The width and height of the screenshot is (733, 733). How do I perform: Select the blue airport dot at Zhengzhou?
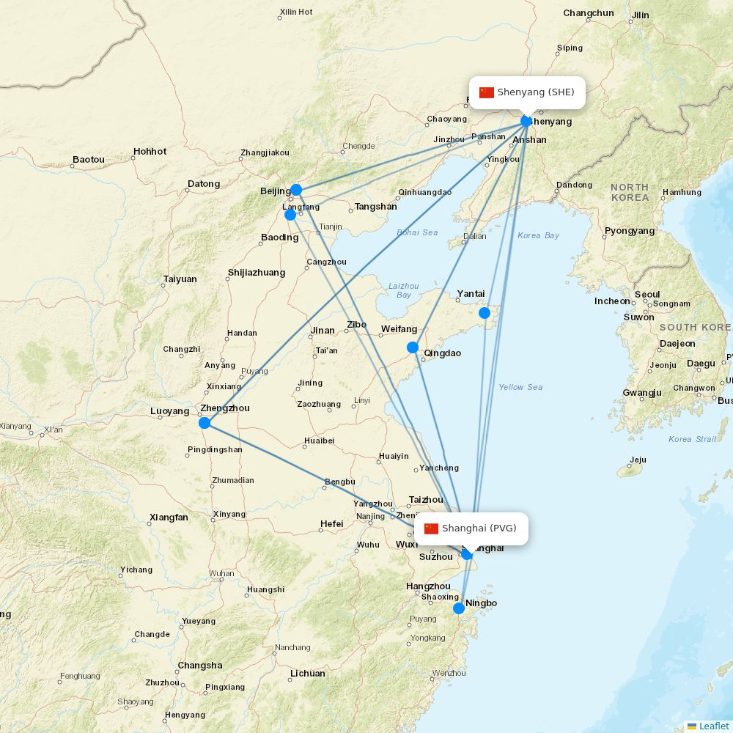(x=205, y=423)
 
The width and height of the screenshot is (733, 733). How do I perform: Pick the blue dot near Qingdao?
(x=413, y=347)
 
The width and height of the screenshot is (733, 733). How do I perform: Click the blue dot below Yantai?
(x=485, y=313)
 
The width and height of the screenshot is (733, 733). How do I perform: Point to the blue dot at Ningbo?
(x=459, y=608)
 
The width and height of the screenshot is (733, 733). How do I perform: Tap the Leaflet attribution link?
(x=713, y=726)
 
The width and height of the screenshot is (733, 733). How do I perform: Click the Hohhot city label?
(x=150, y=152)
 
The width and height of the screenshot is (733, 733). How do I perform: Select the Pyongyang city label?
(x=630, y=231)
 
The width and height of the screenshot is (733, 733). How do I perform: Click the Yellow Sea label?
(x=520, y=387)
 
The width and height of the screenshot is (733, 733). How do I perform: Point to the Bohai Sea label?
(x=417, y=232)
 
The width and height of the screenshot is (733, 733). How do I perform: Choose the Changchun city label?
(x=589, y=13)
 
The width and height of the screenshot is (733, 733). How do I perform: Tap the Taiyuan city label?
(x=180, y=279)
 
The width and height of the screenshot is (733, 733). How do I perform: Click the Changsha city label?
(x=199, y=666)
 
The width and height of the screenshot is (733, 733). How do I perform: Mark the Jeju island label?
(x=638, y=460)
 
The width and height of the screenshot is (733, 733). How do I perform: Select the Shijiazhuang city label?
(x=257, y=273)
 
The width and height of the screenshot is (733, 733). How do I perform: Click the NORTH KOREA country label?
(x=630, y=192)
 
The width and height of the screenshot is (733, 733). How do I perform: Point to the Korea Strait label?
(x=692, y=439)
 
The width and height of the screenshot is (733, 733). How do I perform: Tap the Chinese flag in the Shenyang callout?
(x=487, y=92)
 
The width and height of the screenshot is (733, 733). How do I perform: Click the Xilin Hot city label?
(x=296, y=12)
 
